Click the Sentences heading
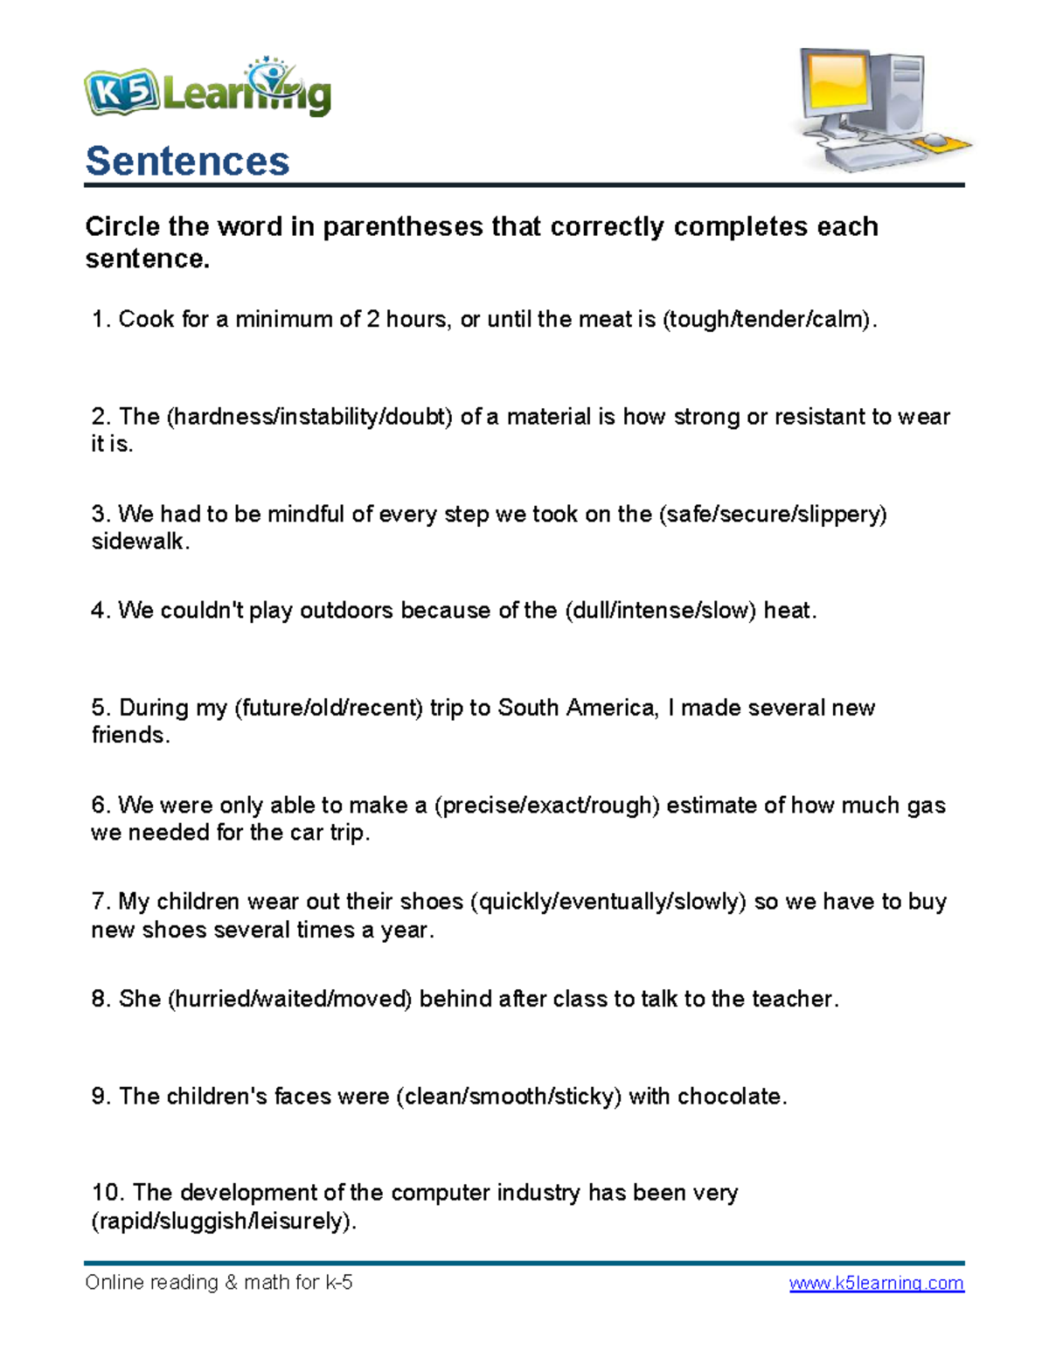tap(187, 161)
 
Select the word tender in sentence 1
tap(771, 320)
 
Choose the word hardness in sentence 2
tap(223, 417)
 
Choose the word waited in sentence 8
tap(291, 999)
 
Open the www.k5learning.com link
tap(876, 1283)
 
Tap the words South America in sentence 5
tap(576, 708)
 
